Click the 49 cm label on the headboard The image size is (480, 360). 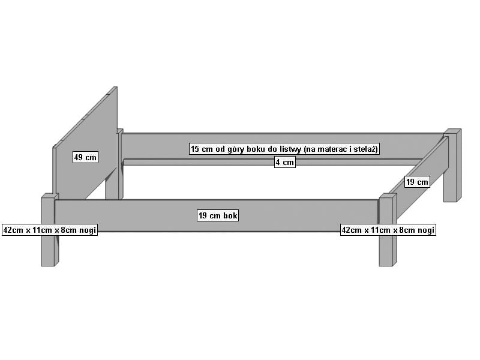pos(85,157)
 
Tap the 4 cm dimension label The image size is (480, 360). pos(284,162)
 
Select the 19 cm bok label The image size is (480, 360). pos(218,215)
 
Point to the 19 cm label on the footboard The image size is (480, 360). pos(417,182)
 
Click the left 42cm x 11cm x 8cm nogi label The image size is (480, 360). pos(50,230)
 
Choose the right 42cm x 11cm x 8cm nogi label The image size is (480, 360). pos(388,230)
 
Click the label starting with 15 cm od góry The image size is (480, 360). pos(284,149)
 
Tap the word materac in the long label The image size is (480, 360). pos(333,149)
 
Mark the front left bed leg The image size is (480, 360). pos(50,230)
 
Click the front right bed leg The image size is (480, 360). pos(388,230)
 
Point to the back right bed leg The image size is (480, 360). pos(452,166)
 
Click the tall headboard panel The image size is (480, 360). pos(85,144)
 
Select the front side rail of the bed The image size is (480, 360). pos(216,215)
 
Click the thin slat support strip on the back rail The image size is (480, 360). pos(272,162)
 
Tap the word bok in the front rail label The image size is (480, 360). pos(230,215)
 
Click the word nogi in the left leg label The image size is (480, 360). pos(88,230)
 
